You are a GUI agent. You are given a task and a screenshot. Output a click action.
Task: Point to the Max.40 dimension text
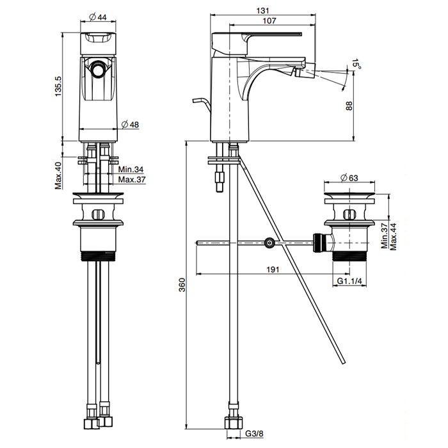pyautogui.click(x=58, y=175)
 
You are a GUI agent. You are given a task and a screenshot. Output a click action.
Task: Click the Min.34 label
pyautogui.click(x=131, y=170)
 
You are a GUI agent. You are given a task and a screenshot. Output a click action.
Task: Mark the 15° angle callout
pyautogui.click(x=356, y=63)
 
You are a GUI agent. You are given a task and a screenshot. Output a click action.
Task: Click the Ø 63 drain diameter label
pyautogui.click(x=349, y=177)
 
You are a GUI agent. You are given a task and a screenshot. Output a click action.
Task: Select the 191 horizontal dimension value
pyautogui.click(x=273, y=269)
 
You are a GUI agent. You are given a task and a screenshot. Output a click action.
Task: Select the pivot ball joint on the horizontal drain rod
pyautogui.click(x=270, y=243)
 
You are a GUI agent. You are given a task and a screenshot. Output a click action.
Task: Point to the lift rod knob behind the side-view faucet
pyautogui.click(x=195, y=102)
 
